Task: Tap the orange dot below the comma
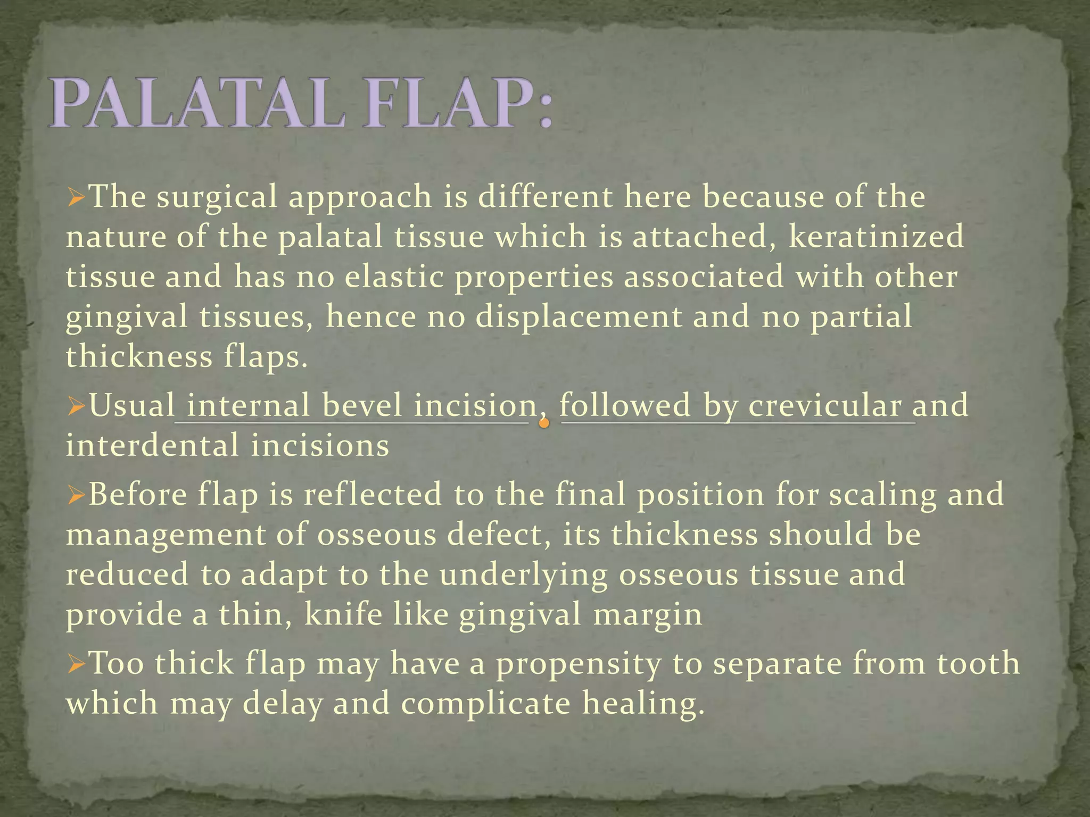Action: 543,424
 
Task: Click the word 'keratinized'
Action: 876,237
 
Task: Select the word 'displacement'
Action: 579,317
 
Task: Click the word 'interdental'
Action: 152,446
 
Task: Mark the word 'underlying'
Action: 523,576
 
